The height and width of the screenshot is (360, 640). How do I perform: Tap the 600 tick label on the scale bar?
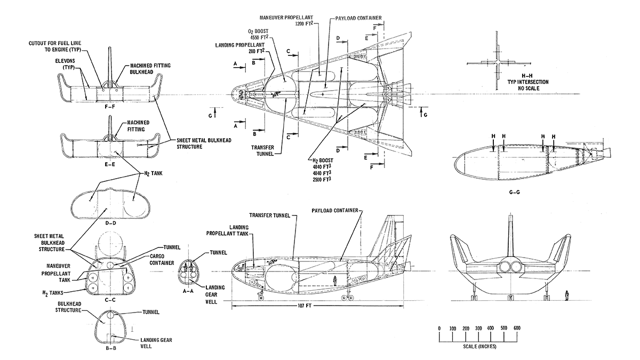tap(516, 327)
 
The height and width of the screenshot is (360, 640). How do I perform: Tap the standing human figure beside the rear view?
tap(567, 294)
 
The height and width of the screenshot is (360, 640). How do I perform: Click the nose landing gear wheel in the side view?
tap(261, 296)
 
